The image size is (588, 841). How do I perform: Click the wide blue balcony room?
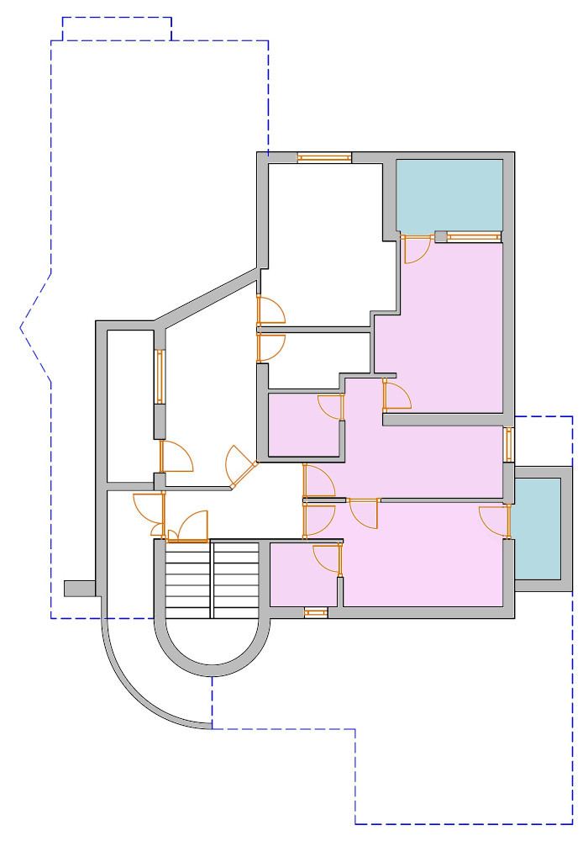pyautogui.click(x=449, y=193)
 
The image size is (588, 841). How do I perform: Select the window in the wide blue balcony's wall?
pyautogui.click(x=475, y=237)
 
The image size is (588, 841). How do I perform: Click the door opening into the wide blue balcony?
pyautogui.click(x=414, y=249)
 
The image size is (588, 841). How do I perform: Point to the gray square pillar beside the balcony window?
pyautogui.click(x=441, y=237)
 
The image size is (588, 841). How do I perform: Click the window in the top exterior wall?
pyautogui.click(x=324, y=157)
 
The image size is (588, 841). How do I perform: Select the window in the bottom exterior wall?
pyautogui.click(x=315, y=612)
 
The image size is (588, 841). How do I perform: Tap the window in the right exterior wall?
pyautogui.click(x=508, y=444)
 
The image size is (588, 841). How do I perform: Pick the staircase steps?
pyautogui.click(x=212, y=580)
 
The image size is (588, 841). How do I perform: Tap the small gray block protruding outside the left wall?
pyautogui.click(x=80, y=588)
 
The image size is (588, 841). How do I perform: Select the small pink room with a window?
pyautogui.click(x=302, y=576)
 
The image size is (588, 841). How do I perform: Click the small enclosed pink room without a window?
pyautogui.click(x=303, y=426)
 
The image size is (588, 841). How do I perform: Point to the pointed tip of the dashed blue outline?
pyautogui.click(x=21, y=327)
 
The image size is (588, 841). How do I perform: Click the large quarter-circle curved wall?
pyautogui.click(x=134, y=690)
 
